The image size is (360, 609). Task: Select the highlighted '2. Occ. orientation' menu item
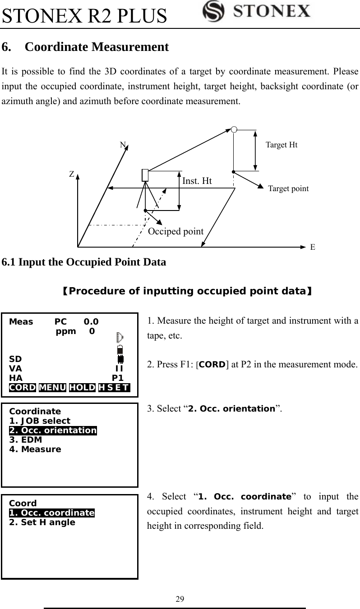pos(53,430)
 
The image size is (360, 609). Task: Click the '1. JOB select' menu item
pos(40,421)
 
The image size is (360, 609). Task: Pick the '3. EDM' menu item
pos(26,440)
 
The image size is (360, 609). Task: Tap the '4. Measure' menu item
pos(35,449)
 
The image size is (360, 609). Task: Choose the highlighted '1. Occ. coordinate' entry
pos(52,513)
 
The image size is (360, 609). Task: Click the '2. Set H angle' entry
pos(42,522)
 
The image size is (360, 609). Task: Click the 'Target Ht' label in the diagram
pos(282,145)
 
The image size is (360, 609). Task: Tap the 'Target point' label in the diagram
pos(288,189)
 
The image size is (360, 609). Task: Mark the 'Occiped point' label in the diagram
pos(176,231)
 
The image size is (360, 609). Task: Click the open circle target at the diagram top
pos(234,130)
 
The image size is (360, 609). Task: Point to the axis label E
pos(312,247)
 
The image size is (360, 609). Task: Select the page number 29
pos(180,599)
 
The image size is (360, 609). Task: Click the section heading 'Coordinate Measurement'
pos(97,47)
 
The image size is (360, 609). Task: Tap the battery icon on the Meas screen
pos(120,350)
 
